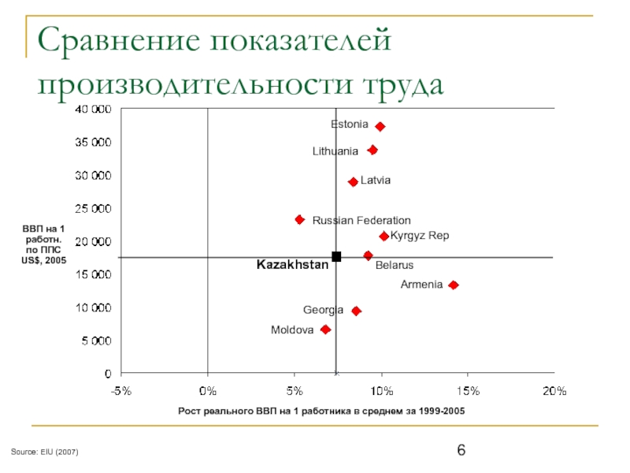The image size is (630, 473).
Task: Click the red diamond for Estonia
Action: tap(380, 126)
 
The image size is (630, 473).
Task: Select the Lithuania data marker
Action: tap(372, 150)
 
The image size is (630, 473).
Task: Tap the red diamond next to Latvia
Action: tap(353, 182)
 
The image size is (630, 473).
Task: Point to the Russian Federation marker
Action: tap(299, 219)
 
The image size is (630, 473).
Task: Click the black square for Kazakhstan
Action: tap(336, 256)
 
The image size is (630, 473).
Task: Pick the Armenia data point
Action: tap(453, 285)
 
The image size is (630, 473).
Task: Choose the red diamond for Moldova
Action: tap(325, 330)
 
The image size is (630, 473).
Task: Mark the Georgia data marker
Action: tap(356, 311)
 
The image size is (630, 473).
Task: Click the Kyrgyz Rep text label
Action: tap(420, 236)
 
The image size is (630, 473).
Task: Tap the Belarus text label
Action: tap(394, 266)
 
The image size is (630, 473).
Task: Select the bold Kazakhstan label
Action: tap(292, 265)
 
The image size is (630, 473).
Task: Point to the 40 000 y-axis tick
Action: tap(93, 109)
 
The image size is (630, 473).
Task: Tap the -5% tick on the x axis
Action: tap(120, 391)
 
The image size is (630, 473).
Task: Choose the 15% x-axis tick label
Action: tap(467, 391)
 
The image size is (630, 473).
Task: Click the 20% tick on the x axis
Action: tap(554, 391)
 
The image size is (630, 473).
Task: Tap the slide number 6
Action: tap(461, 450)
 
